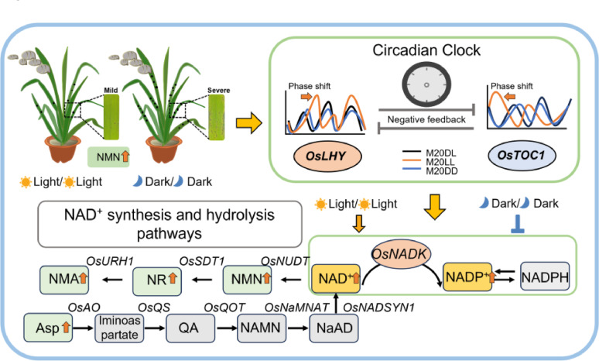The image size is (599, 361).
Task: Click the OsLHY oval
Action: (x=327, y=156)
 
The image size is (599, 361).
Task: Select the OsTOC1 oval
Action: (x=522, y=155)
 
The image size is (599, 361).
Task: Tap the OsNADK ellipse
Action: (x=401, y=254)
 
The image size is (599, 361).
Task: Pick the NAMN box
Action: (x=262, y=328)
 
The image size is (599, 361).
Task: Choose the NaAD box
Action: (x=334, y=328)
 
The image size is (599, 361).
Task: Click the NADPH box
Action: (x=545, y=277)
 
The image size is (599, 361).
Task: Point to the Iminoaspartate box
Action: (x=119, y=328)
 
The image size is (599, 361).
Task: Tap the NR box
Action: (x=157, y=280)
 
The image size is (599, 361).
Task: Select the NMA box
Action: (x=64, y=280)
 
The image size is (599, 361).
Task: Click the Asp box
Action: (x=49, y=328)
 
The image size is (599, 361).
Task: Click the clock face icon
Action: (x=426, y=84)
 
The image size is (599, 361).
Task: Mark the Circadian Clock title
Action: (x=426, y=50)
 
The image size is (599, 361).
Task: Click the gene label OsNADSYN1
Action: (x=378, y=308)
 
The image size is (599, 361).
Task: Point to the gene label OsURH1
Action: (x=110, y=261)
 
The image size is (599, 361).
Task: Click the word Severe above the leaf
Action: (x=218, y=90)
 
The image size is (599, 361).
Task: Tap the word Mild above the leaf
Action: (x=111, y=90)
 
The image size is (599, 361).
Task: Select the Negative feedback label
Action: (x=426, y=120)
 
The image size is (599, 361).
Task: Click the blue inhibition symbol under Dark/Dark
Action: (x=518, y=224)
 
